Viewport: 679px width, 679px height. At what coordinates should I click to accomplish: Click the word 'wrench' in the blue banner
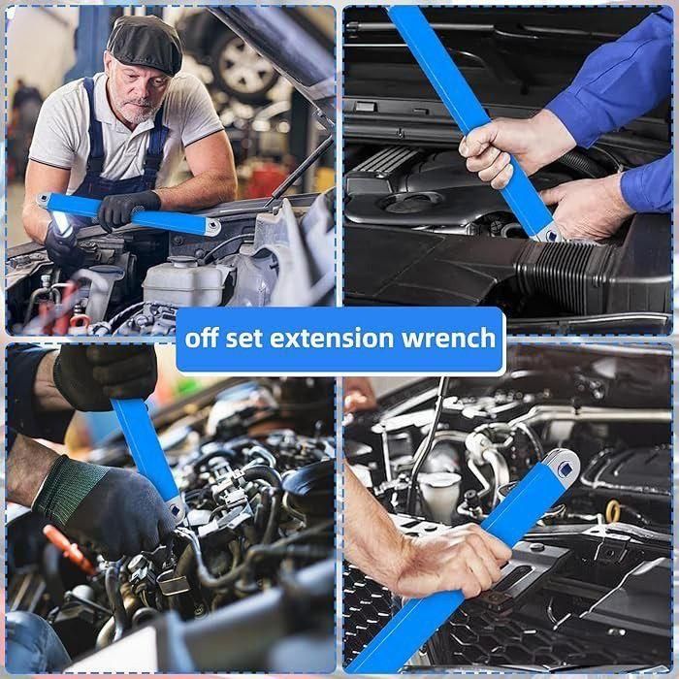pyautogui.click(x=453, y=339)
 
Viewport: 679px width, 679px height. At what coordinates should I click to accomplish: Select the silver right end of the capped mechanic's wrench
pyautogui.click(x=208, y=226)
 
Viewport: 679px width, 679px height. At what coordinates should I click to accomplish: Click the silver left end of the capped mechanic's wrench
pyautogui.click(x=45, y=201)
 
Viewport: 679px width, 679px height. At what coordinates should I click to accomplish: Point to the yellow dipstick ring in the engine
pyautogui.click(x=612, y=508)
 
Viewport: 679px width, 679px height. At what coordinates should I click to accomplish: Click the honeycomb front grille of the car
pyautogui.click(x=373, y=621)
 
